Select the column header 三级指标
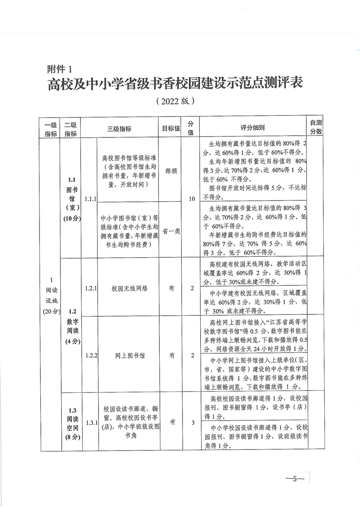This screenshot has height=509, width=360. point(119,128)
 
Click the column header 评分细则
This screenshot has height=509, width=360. point(252,128)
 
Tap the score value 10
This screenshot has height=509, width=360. point(192,198)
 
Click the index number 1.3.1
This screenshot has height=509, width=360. point(91,423)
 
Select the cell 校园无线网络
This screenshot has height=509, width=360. point(127,288)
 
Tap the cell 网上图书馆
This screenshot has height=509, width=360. point(127,356)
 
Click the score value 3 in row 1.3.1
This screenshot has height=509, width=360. point(192,423)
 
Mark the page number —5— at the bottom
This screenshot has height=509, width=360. point(294,479)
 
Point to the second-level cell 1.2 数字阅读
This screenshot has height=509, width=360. point(70,326)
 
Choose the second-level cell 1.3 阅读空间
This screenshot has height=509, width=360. point(70,422)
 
